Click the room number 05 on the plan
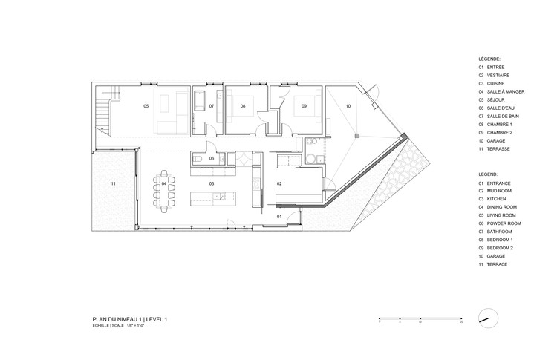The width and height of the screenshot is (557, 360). (146, 107)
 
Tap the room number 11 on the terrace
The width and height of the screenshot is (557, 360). (114, 183)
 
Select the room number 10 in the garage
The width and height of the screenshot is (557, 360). (348, 107)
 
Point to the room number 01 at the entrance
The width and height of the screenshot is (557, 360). (279, 216)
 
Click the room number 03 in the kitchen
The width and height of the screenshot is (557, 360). (212, 183)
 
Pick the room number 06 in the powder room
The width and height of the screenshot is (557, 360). (212, 158)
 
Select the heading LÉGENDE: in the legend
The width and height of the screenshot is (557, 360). (490, 58)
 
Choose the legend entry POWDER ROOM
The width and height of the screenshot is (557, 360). (505, 223)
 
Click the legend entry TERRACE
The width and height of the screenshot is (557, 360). (498, 264)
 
